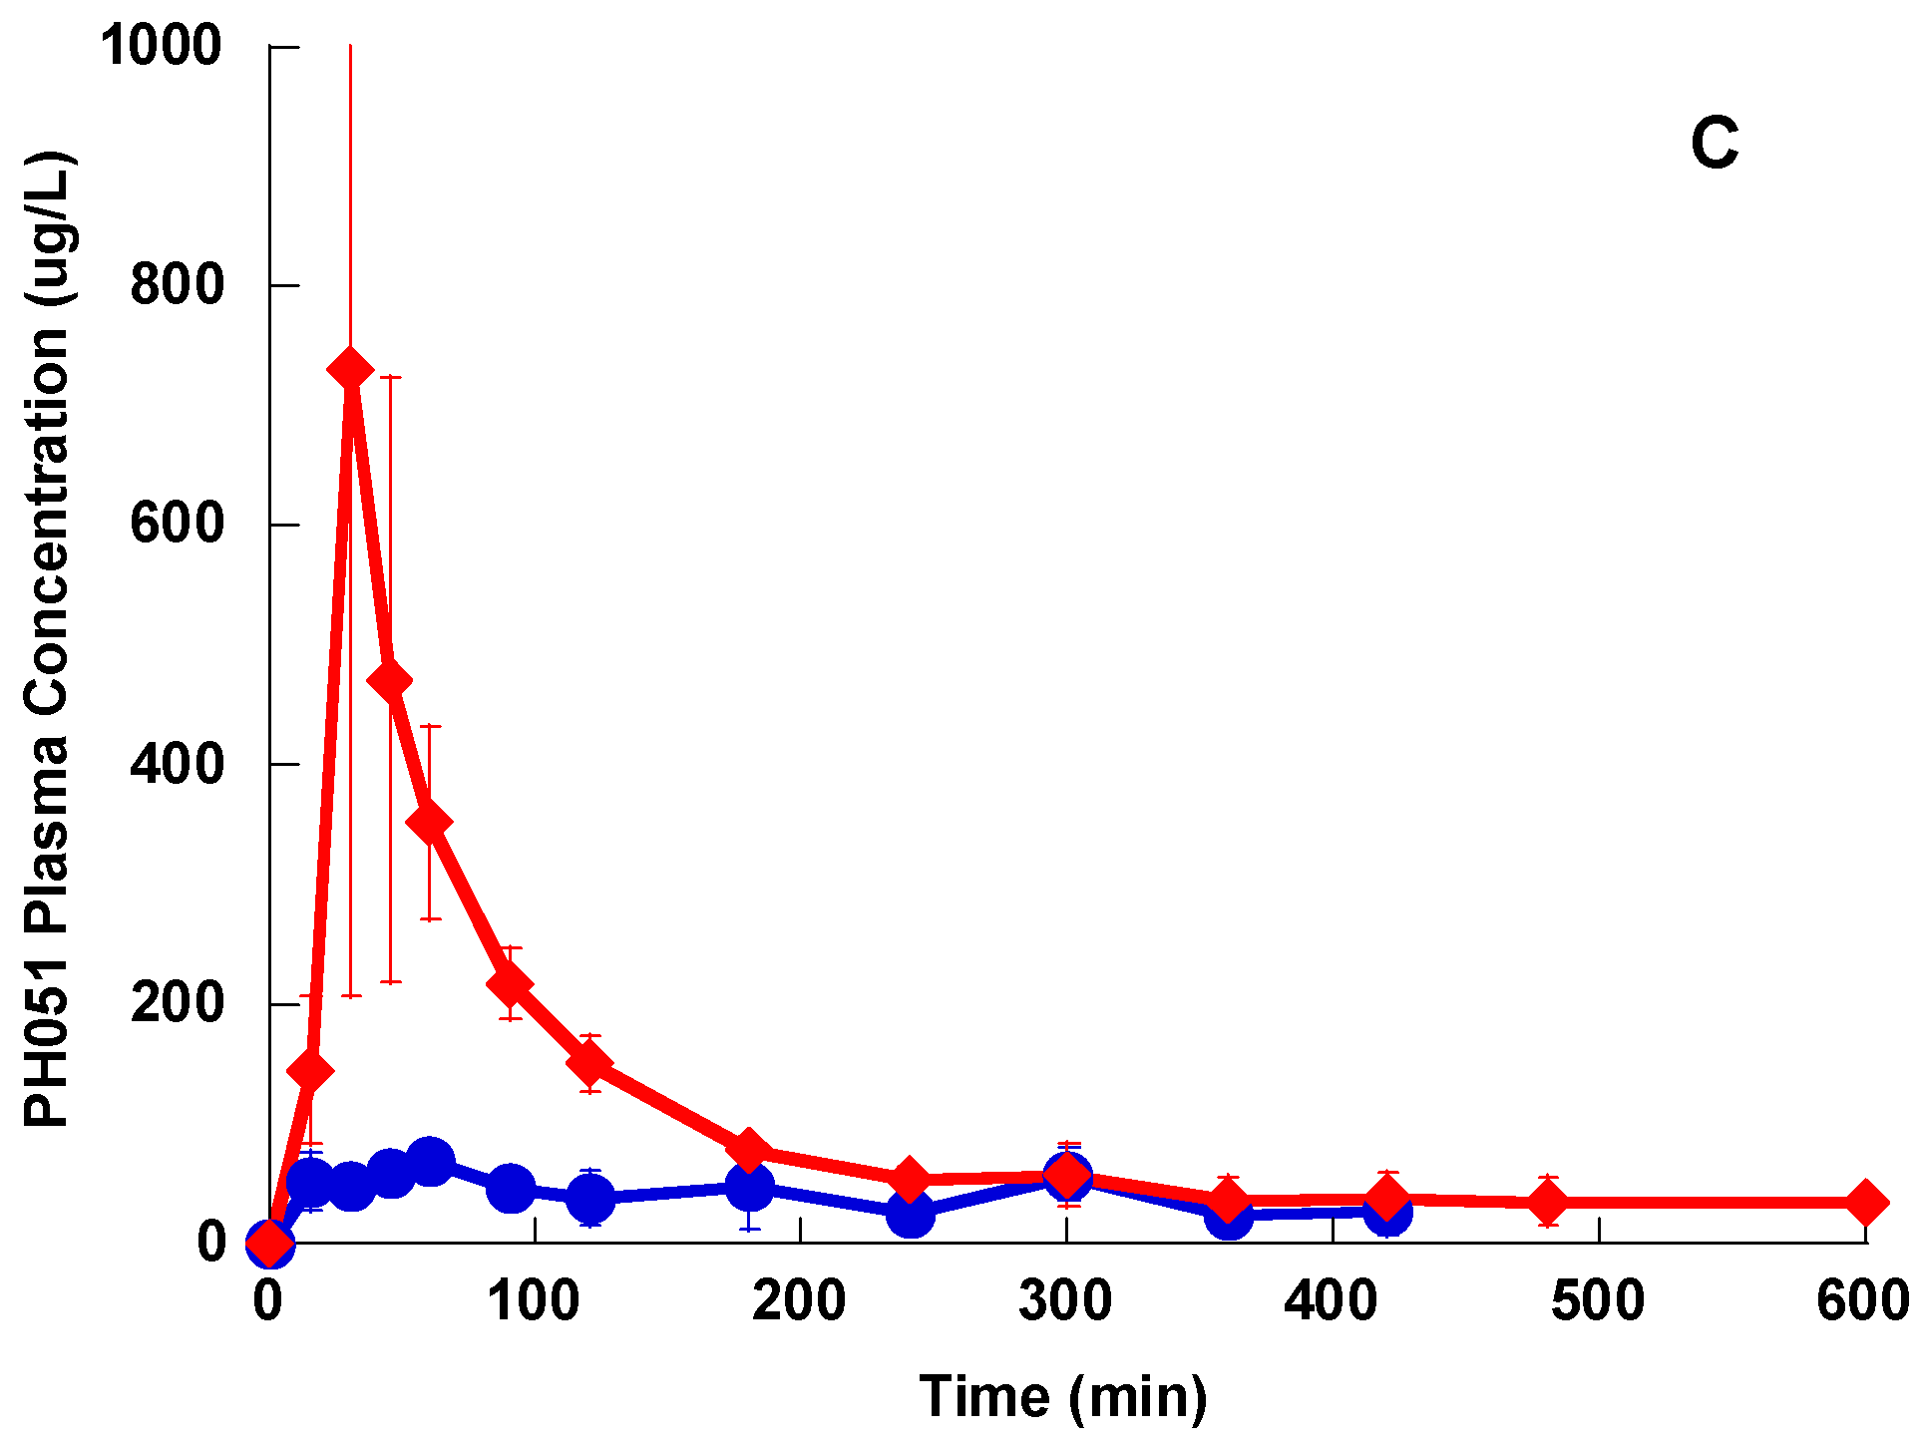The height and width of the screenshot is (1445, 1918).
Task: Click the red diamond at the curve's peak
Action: (x=350, y=370)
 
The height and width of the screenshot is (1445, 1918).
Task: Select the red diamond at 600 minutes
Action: (x=1865, y=1202)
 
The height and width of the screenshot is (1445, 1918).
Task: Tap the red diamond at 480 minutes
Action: (x=1547, y=1203)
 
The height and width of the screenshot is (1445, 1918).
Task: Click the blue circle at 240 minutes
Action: (x=910, y=1214)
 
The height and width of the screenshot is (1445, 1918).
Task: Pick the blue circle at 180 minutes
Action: (x=749, y=1187)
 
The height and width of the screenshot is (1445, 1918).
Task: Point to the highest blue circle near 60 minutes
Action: (x=430, y=1162)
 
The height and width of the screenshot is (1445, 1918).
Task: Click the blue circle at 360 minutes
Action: (x=1228, y=1216)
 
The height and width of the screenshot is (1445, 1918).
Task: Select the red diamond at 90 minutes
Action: (x=510, y=984)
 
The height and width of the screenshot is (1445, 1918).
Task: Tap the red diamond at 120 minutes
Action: (x=589, y=1064)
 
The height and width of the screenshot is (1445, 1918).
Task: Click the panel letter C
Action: (x=1714, y=144)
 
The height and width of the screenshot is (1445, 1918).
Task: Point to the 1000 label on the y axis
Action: (x=161, y=46)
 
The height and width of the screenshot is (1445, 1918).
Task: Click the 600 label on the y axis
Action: (x=177, y=524)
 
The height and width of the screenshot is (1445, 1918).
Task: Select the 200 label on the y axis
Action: (x=177, y=1002)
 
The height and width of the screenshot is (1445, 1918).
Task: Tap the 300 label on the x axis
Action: (x=1065, y=1301)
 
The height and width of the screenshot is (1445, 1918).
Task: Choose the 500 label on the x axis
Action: (x=1597, y=1301)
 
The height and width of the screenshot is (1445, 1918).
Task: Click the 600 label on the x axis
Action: (x=1862, y=1301)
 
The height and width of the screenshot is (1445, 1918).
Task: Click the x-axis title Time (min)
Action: (x=1062, y=1396)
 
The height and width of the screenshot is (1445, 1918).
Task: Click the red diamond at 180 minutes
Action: (x=749, y=1150)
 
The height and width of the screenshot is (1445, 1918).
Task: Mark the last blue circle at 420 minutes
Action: (x=1386, y=1213)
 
